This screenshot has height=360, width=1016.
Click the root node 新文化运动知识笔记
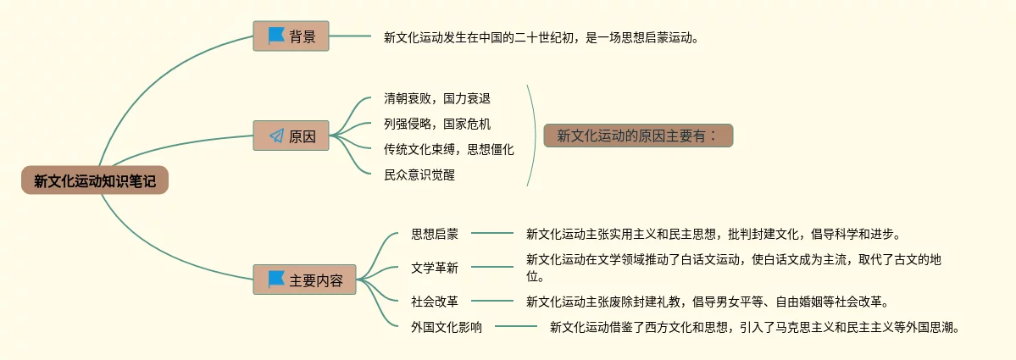click(95, 180)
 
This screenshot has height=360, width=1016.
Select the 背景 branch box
click(291, 36)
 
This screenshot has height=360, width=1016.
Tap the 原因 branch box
click(291, 136)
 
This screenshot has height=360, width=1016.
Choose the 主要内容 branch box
click(304, 280)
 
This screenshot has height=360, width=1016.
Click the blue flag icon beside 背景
click(276, 36)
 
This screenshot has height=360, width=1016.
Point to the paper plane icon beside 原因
click(276, 136)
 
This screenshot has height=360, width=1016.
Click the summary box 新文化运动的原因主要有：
click(637, 136)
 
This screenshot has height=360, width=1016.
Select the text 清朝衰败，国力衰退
click(436, 99)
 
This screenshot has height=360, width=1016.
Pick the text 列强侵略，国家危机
click(436, 125)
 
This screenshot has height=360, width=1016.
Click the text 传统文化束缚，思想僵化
click(448, 150)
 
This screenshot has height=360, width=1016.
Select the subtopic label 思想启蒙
click(435, 233)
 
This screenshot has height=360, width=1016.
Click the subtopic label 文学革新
click(435, 268)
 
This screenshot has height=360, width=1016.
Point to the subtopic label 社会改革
click(435, 301)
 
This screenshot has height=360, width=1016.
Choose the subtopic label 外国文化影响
click(447, 327)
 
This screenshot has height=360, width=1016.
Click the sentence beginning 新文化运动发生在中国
click(542, 36)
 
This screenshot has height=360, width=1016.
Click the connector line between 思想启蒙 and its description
click(492, 233)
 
